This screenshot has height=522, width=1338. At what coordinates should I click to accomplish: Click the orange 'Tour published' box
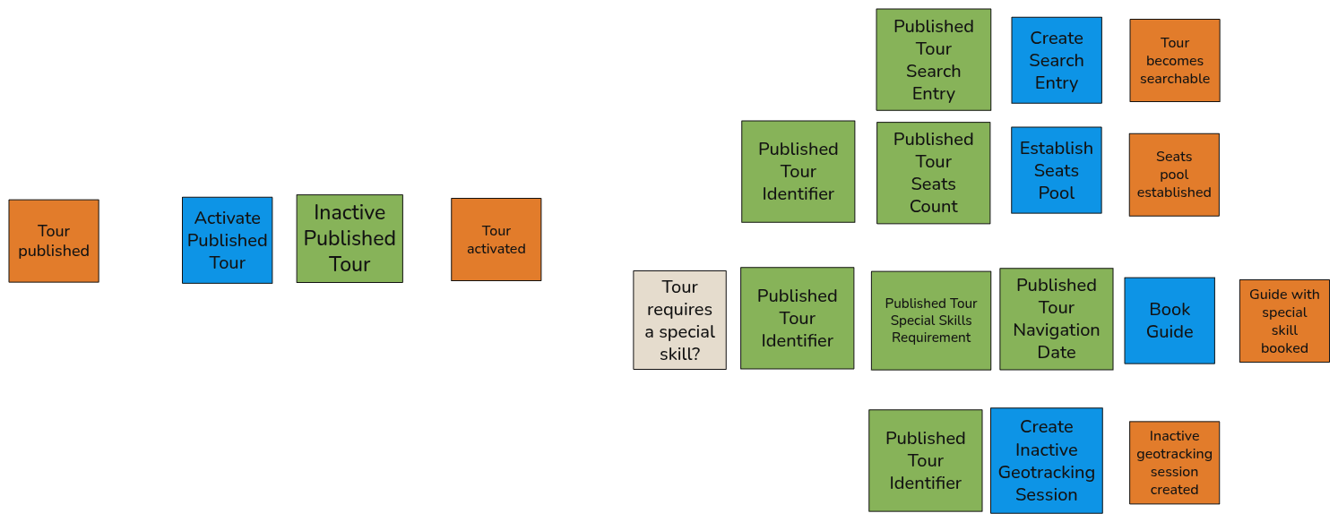pos(54,241)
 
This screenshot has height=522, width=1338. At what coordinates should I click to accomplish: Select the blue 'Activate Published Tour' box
pos(227,240)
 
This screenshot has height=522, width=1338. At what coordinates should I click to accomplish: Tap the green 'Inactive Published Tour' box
pos(350,238)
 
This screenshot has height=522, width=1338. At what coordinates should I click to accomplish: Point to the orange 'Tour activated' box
pos(496,239)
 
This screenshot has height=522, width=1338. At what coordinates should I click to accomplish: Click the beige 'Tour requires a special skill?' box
pos(679,320)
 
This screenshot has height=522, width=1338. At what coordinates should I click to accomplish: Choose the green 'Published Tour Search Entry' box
pos(933,60)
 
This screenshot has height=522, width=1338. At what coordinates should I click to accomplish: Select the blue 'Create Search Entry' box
pos(1056,60)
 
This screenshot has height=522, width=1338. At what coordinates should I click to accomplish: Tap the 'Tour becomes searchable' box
pos(1174,61)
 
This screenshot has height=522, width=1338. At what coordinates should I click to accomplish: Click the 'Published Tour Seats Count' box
pos(933,173)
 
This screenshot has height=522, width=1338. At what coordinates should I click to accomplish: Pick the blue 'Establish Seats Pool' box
pos(1056,170)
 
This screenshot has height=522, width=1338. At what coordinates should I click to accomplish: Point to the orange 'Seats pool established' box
pos(1173,175)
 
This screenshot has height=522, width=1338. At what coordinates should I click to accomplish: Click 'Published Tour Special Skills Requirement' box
pos(930,321)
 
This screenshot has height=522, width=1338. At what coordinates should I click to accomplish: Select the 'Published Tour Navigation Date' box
pos(1056,319)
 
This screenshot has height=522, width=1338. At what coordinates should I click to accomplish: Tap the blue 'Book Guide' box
pos(1169,321)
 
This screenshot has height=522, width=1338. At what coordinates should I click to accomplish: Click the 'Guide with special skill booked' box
pos(1283,321)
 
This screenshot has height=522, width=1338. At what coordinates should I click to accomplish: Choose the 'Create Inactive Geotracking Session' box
pos(1046,460)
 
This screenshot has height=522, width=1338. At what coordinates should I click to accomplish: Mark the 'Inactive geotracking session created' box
pos(1173,462)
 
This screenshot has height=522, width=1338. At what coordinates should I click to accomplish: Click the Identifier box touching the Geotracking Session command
pos(925,460)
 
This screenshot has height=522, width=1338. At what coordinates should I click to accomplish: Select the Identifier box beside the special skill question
pos(797,318)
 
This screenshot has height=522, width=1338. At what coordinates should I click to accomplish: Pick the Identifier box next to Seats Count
pos(798,171)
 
